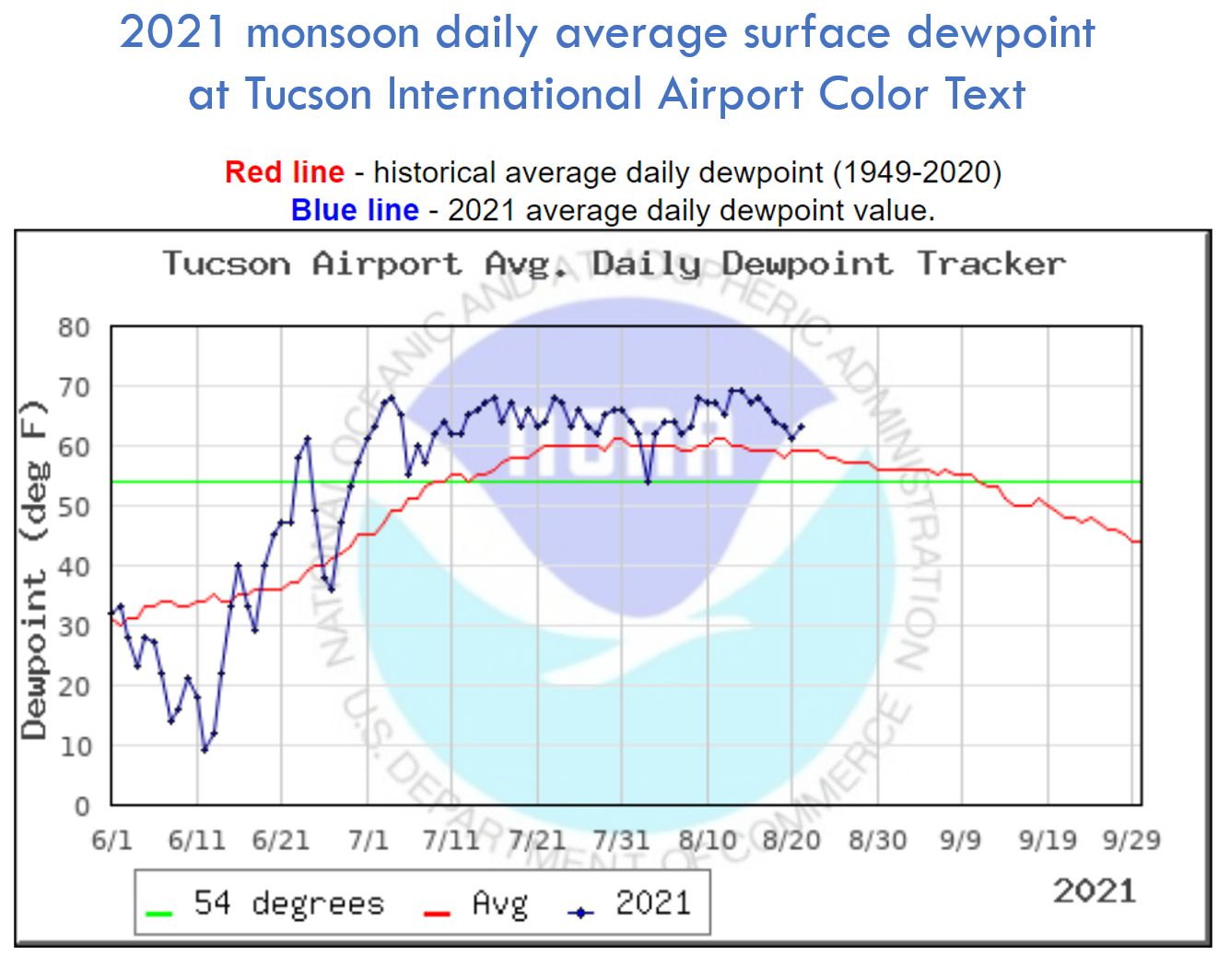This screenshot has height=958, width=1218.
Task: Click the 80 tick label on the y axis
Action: [x=74, y=328]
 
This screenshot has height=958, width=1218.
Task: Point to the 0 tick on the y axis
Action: [x=82, y=807]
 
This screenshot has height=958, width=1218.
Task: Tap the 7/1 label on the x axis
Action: [x=368, y=840]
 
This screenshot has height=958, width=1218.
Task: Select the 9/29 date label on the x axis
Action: [x=1131, y=840]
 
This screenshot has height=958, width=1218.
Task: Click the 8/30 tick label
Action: [x=877, y=840]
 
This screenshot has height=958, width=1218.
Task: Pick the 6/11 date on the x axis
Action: [x=196, y=840]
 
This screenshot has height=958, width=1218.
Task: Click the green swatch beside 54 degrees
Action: [x=159, y=913]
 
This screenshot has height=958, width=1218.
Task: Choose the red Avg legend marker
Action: [x=436, y=913]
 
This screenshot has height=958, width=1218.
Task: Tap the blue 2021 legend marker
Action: [x=580, y=913]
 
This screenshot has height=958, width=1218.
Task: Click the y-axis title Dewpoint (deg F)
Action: [x=34, y=569]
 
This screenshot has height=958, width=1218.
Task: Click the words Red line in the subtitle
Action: [x=285, y=172]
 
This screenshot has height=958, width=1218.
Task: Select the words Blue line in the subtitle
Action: [x=355, y=210]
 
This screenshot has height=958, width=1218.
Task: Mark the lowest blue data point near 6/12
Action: [x=205, y=750]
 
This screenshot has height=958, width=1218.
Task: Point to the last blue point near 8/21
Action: [x=801, y=426]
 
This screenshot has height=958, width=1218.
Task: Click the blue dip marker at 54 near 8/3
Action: [x=648, y=482]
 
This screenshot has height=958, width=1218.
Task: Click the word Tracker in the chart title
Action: [x=991, y=264]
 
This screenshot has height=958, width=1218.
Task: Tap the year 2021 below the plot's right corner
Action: [x=1095, y=891]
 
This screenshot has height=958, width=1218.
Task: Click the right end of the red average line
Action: [x=1139, y=542]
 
